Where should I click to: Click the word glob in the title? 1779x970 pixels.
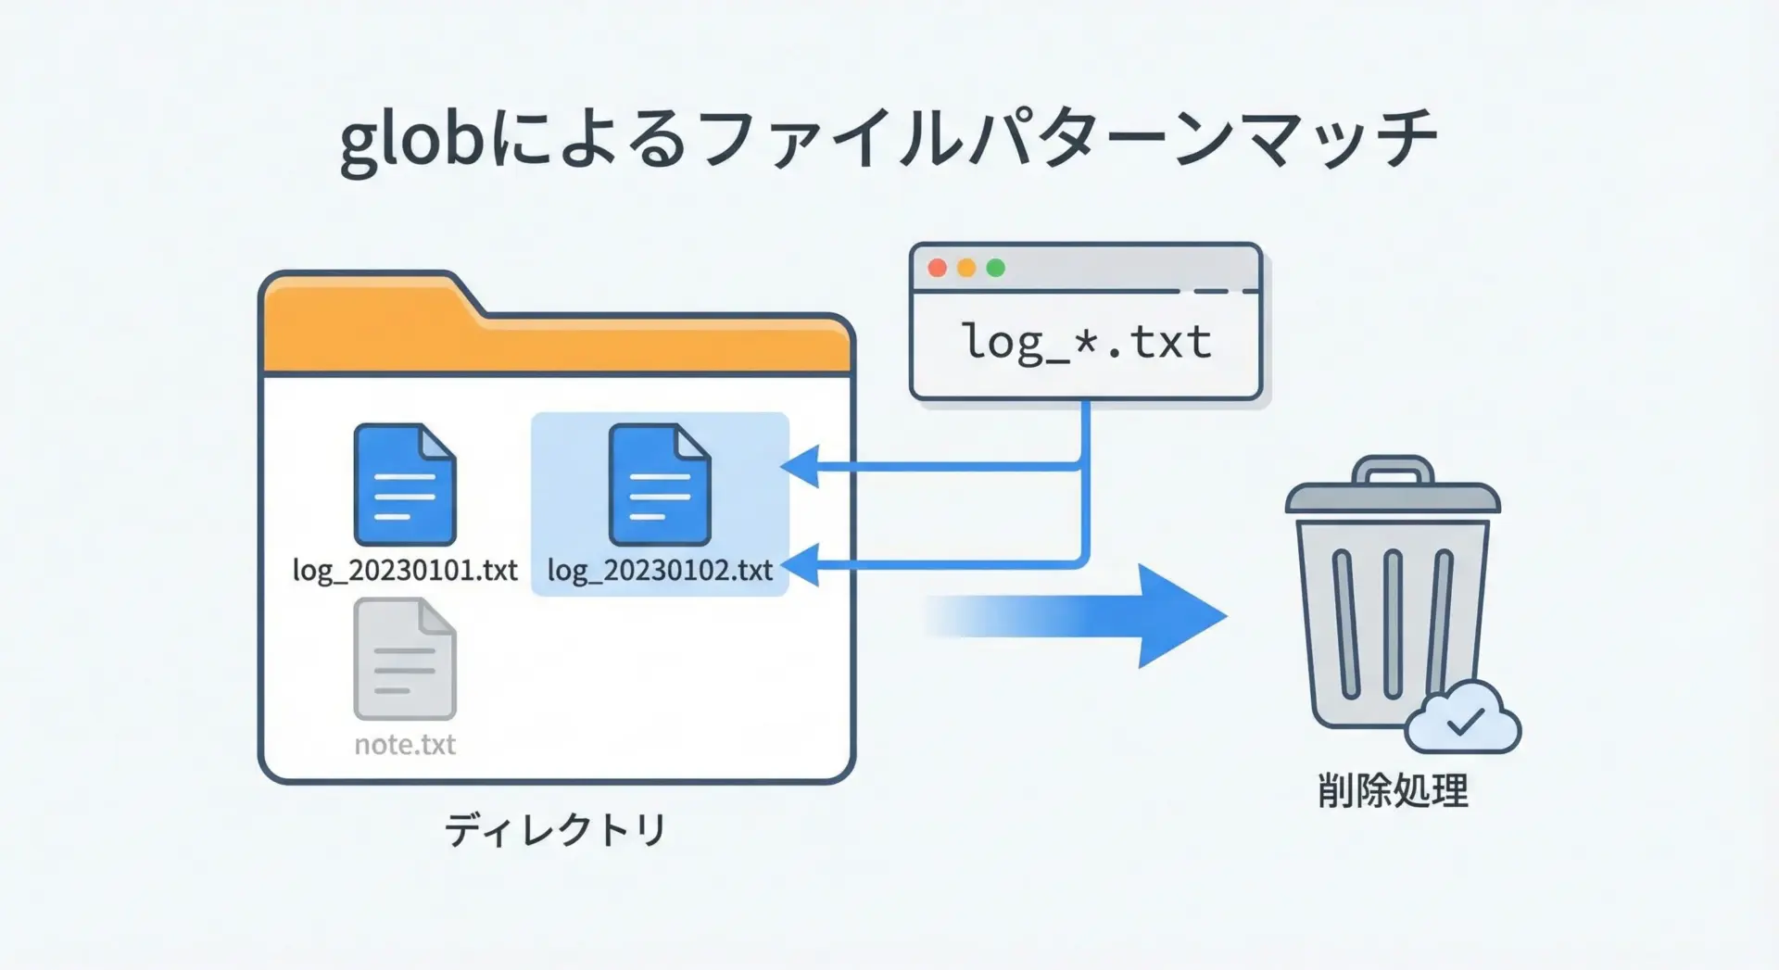(x=412, y=142)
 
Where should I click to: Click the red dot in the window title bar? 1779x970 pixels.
(x=937, y=268)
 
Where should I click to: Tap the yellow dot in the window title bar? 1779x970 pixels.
(x=966, y=268)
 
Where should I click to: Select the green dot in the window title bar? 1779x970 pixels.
(x=996, y=268)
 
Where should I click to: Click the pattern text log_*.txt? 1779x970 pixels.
(x=1086, y=343)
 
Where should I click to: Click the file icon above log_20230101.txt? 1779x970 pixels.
(x=405, y=485)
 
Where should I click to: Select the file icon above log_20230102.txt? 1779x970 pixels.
(x=660, y=485)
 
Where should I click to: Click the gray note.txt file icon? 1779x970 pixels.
(x=405, y=659)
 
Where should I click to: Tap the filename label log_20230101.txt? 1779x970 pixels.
(x=405, y=570)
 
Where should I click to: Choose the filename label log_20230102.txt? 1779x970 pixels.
(x=660, y=570)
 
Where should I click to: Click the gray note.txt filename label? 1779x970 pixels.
(x=405, y=745)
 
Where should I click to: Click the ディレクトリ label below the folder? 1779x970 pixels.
(x=555, y=829)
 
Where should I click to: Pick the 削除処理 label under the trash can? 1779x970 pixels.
(x=1393, y=791)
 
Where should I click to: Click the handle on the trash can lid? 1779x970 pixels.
(x=1393, y=468)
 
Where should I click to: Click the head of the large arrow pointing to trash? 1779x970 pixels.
(x=1181, y=616)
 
